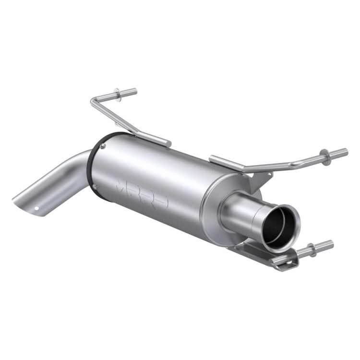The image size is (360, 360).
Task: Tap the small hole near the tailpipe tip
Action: (x=36, y=208)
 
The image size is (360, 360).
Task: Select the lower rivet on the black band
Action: (x=95, y=185)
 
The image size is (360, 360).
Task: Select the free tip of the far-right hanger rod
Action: (x=346, y=152)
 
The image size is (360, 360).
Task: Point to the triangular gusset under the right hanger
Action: (x=257, y=180)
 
